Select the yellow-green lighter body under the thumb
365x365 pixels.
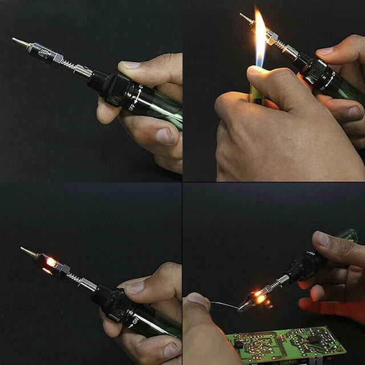pyautogui.click(x=255, y=94)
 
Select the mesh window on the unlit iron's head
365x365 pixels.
pyautogui.click(x=42, y=52)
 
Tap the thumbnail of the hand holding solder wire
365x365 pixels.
pyautogui.click(x=197, y=298)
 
